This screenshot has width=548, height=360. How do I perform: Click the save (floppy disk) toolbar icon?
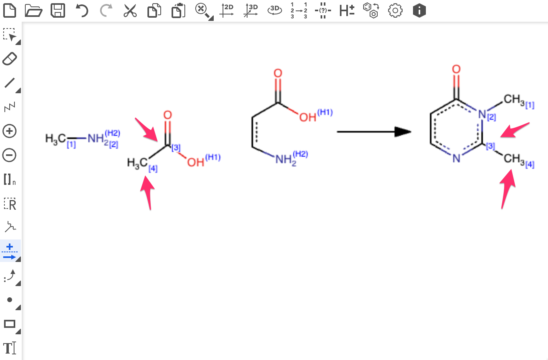(58, 10)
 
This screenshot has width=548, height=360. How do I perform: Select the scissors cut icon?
(130, 10)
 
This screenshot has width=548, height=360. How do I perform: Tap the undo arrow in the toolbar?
(82, 10)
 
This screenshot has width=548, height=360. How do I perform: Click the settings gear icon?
(395, 10)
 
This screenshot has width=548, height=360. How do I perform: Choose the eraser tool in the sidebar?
(10, 59)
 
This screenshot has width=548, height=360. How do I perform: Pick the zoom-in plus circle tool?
(10, 131)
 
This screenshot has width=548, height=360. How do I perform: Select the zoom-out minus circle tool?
(10, 155)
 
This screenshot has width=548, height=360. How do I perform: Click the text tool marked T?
(10, 348)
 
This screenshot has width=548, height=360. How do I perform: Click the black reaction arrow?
(374, 131)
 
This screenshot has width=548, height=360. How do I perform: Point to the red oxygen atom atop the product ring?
(456, 70)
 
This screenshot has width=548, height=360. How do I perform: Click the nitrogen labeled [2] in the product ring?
(482, 113)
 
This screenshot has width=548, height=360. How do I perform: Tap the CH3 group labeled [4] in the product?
(515, 159)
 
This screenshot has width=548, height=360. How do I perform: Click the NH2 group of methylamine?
(96, 139)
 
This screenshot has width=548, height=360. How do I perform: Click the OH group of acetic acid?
(196, 163)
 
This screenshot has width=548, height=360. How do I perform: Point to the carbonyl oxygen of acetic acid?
(168, 115)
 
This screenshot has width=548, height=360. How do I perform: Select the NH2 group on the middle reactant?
(285, 160)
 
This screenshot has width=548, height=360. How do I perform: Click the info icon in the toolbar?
(419, 10)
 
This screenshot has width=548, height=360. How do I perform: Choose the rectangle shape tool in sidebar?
(10, 324)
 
